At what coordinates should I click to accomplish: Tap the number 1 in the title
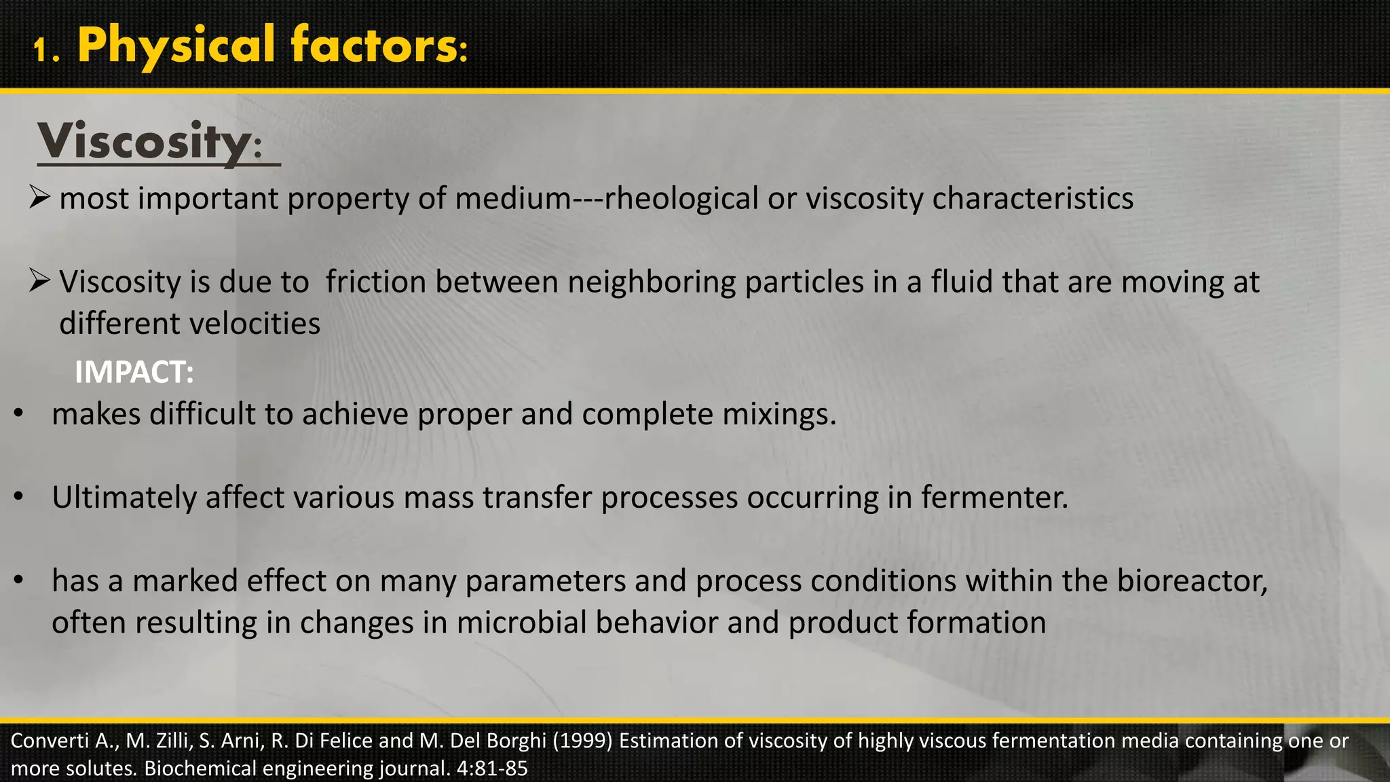(x=44, y=50)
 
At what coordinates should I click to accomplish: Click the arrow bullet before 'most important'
(x=40, y=198)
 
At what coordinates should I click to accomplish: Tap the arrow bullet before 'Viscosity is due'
(x=40, y=281)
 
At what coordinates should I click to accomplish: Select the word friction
(x=375, y=282)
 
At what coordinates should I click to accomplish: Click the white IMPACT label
(x=134, y=372)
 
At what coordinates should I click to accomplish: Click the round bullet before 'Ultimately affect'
(x=19, y=497)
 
